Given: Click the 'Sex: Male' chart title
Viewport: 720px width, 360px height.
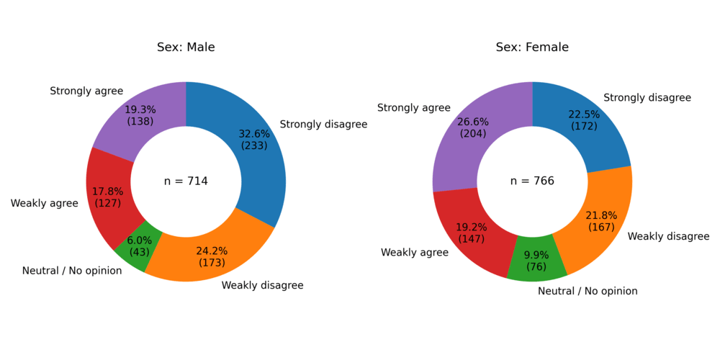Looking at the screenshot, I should pos(186,48).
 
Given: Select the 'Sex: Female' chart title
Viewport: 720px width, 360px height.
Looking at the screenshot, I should pos(532,48).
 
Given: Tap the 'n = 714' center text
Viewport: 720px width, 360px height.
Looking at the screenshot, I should pos(186,181).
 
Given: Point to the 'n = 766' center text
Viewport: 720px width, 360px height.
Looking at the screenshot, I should pos(532,181).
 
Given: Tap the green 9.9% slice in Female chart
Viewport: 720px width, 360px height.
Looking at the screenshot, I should pos(536,266).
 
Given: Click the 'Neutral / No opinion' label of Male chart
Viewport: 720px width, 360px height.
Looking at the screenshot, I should pos(72,271).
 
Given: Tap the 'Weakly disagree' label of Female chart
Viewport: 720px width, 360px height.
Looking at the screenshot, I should pos(668,236).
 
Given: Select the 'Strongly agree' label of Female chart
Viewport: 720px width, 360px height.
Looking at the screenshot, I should pos(414,108).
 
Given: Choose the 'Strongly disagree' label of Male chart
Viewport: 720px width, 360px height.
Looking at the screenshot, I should pos(323,125).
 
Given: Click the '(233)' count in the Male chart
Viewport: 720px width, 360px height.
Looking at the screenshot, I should pos(254,145).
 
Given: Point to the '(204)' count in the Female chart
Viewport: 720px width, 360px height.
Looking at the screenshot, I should pos(472,133).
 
